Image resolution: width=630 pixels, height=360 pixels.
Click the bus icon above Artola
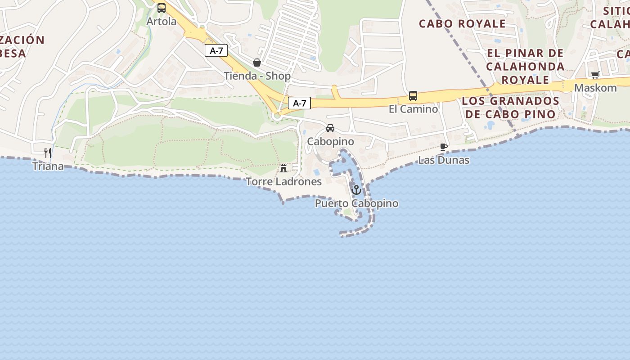click(162, 8)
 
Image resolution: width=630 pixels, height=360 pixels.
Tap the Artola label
click(162, 21)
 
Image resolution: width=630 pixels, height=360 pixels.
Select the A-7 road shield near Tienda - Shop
click(216, 51)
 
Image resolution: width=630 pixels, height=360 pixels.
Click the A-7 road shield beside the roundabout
click(299, 103)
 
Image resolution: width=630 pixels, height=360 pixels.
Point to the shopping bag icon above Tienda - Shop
click(257, 63)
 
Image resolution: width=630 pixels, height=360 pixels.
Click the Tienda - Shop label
click(257, 76)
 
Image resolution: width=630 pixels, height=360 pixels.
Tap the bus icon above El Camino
click(413, 96)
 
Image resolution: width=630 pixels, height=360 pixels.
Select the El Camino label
click(413, 109)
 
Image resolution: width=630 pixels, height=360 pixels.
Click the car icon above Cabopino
click(330, 128)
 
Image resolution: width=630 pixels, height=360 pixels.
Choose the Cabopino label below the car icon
click(330, 142)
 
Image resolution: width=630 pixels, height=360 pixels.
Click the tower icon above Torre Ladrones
click(283, 168)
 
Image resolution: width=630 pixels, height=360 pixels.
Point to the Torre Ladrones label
click(283, 182)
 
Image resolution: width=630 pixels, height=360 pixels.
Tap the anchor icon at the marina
click(356, 190)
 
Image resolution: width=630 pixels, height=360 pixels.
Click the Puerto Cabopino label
click(356, 203)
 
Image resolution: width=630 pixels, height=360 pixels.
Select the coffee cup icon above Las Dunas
click(444, 147)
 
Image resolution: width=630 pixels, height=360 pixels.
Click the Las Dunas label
click(444, 160)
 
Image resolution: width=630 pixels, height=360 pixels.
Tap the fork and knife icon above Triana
click(48, 153)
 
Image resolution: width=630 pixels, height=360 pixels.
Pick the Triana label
click(48, 166)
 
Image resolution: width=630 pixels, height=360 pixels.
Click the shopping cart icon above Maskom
click(595, 75)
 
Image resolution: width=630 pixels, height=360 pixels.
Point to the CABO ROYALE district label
click(462, 24)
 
